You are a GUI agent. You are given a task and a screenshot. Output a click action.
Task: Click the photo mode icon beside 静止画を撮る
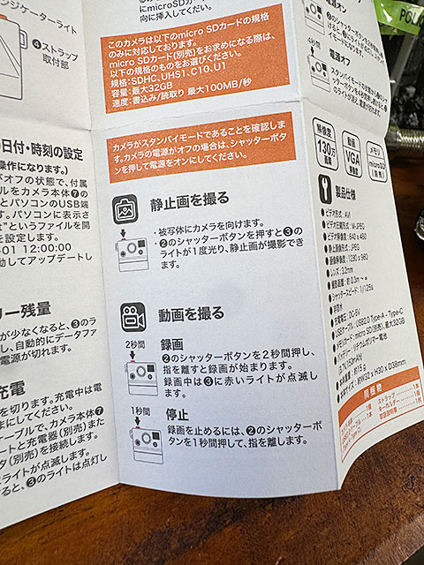125,209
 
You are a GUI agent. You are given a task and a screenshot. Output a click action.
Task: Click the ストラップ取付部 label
57,51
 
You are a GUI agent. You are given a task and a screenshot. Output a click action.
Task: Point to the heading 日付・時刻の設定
43,143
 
